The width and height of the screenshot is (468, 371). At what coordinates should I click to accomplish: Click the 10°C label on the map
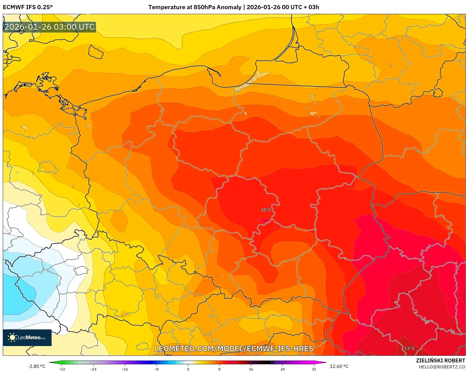(x=266, y=210)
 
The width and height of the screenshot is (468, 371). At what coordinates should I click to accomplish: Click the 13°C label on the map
(x=409, y=348)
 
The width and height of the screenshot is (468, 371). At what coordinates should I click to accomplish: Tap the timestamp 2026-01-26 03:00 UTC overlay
(x=50, y=27)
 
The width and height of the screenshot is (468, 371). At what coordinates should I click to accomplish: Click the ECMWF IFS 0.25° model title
(x=28, y=7)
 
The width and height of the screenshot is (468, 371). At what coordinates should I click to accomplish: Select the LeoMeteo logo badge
(x=27, y=337)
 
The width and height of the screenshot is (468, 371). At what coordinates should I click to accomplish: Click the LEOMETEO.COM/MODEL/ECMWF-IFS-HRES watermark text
(x=234, y=349)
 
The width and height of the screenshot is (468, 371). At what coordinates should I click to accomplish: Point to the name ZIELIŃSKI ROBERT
(x=440, y=360)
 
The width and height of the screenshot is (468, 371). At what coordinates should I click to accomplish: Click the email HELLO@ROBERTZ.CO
(x=442, y=367)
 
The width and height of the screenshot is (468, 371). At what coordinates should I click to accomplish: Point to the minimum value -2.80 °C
(x=36, y=366)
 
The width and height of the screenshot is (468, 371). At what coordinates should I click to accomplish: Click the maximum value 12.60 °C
(x=339, y=366)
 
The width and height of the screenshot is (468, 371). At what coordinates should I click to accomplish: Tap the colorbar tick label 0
(x=188, y=369)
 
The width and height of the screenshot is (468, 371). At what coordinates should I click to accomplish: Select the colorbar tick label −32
(x=62, y=369)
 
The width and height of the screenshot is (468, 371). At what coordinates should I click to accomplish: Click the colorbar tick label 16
(x=251, y=369)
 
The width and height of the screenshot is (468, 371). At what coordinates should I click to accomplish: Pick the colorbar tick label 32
(x=314, y=369)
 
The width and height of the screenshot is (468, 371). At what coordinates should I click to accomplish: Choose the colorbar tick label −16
(x=125, y=369)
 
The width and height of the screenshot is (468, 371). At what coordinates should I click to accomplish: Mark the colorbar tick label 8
(x=219, y=369)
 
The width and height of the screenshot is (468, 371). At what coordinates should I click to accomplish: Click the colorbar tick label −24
(x=93, y=369)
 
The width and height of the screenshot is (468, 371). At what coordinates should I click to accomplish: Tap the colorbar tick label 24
(x=282, y=369)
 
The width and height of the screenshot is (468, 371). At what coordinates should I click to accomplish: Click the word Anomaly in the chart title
(x=229, y=7)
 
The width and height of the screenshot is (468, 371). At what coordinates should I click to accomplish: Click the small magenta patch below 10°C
(x=264, y=221)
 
